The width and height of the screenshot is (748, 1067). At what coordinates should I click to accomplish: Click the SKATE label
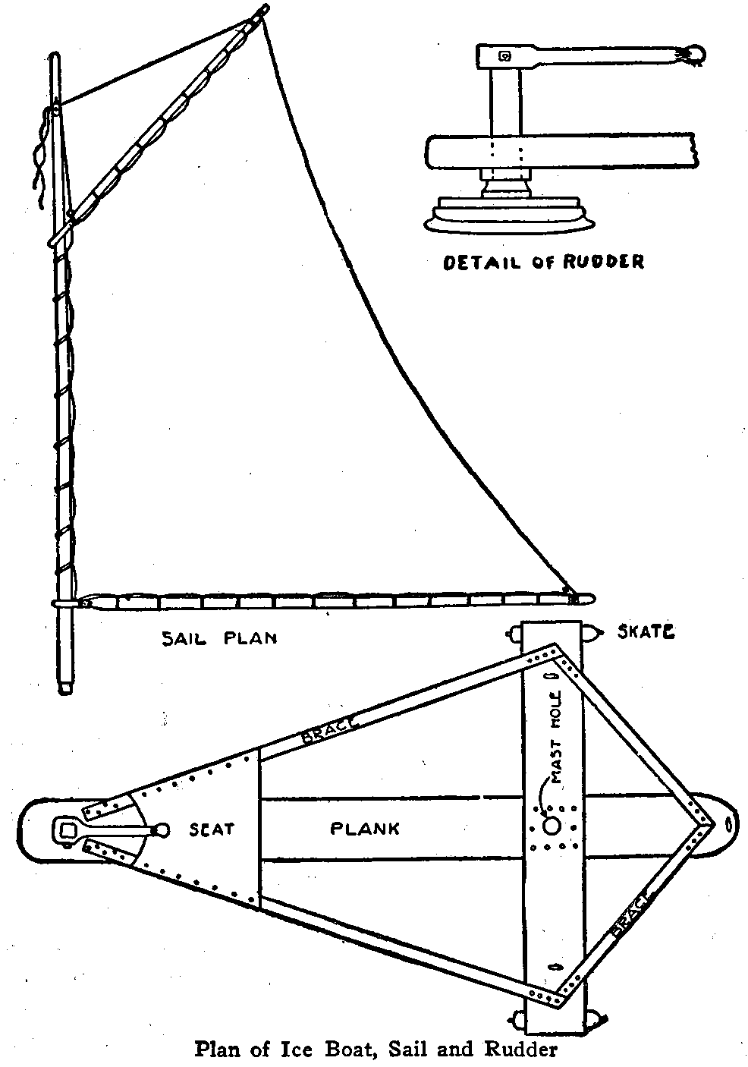(647, 631)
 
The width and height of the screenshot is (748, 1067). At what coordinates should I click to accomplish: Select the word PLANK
(364, 828)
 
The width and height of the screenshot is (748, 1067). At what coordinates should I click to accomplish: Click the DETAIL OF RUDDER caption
(543, 263)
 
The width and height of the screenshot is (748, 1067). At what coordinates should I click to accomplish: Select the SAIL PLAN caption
(218, 637)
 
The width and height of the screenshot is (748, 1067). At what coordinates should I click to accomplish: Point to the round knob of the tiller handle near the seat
(160, 830)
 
